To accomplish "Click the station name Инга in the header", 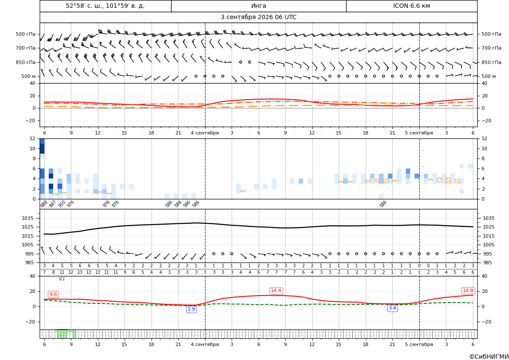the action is click(258, 6).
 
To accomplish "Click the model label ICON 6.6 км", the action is click(411, 6).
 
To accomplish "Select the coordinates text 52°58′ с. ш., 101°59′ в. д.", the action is click(105, 6).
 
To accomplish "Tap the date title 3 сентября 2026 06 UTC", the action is click(258, 17).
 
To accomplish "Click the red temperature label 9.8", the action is click(53, 294).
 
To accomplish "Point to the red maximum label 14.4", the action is click(276, 290).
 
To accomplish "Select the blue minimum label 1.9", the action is click(191, 310).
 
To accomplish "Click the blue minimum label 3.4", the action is click(392, 308).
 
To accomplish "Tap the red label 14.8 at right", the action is click(468, 290).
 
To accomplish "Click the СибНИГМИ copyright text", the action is click(489, 357).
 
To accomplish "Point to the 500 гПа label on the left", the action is click(26, 34).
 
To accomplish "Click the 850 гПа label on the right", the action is click(492, 62).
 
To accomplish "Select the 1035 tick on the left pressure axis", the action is click(29, 218).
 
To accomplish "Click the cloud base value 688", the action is click(44, 204).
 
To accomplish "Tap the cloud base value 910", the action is click(62, 204).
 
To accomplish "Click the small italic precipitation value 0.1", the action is click(62, 279).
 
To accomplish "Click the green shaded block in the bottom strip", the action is click(67, 334).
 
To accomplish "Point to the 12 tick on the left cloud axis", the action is click(33, 138).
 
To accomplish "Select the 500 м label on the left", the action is click(28, 76).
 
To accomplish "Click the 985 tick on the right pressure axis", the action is click(489, 262).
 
